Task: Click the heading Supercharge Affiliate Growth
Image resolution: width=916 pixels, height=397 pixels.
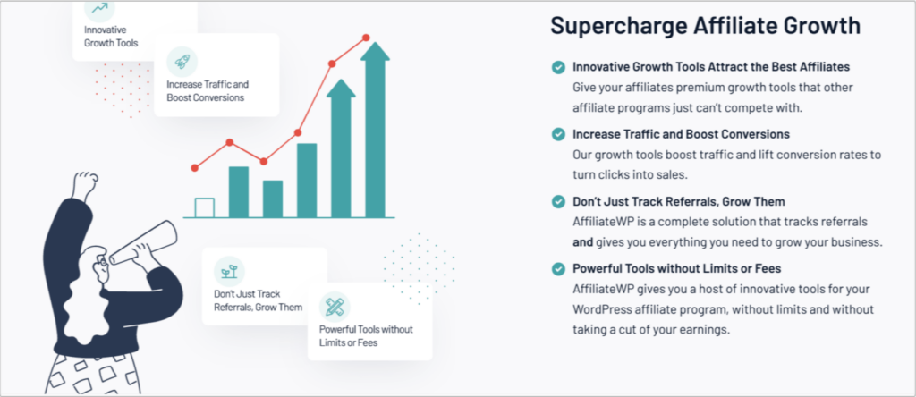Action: [705, 26]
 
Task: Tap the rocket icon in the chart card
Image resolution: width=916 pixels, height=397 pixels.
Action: [182, 62]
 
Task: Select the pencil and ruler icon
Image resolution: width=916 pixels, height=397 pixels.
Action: [335, 307]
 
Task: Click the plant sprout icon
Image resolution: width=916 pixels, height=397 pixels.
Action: [229, 271]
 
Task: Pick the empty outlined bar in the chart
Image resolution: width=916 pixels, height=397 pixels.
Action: [205, 207]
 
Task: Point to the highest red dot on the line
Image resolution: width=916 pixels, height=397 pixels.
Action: [366, 38]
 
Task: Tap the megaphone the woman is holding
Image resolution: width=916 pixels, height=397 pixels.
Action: [143, 243]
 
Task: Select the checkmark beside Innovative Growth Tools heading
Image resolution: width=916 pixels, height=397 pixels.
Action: [558, 67]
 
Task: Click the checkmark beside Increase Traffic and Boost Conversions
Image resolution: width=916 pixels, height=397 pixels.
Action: [558, 134]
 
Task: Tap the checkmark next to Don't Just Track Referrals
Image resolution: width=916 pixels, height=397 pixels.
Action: [558, 201]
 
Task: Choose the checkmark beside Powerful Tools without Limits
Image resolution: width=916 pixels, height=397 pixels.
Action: [558, 268]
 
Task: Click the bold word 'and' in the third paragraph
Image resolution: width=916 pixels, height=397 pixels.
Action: [583, 241]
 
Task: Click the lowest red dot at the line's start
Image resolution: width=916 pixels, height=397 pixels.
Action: [194, 168]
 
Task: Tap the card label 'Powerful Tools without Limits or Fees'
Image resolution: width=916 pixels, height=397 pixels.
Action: [366, 335]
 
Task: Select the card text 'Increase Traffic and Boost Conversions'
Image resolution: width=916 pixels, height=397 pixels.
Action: [208, 90]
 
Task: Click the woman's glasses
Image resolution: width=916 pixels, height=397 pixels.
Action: [104, 261]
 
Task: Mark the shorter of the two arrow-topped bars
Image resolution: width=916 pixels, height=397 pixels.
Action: [341, 148]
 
